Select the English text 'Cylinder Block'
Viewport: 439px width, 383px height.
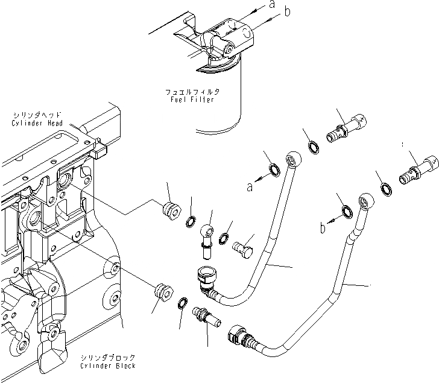pos(107,366)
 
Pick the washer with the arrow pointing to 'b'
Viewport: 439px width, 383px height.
pos(347,212)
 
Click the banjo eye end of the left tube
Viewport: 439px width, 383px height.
pos(293,159)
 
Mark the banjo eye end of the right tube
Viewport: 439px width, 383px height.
pos(365,200)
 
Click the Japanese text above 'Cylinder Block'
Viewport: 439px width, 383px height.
pos(107,358)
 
